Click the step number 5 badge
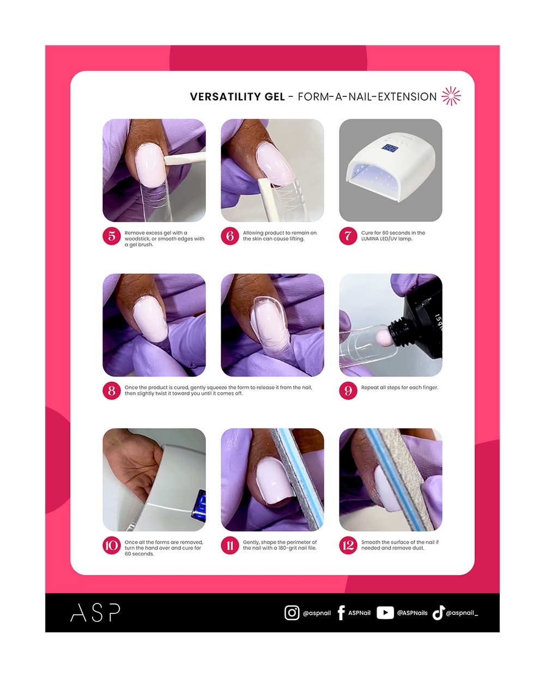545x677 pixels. pos(112,236)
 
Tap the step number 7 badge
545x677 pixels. pos(348,236)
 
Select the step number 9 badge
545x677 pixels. pos(348,391)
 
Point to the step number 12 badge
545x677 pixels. pos(348,545)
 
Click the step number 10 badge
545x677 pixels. pos(112,545)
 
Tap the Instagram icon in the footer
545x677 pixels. pos(292,613)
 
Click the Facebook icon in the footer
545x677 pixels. pos(341,613)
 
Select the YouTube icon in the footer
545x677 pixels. pos(385,613)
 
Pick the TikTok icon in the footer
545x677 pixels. pos(438,613)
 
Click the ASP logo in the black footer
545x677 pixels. pos(95,613)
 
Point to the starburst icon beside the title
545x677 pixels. pos(451,96)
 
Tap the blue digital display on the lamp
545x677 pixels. pos(390,148)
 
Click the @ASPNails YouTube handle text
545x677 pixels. pos(412,613)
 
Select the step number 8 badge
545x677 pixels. pos(112,391)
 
